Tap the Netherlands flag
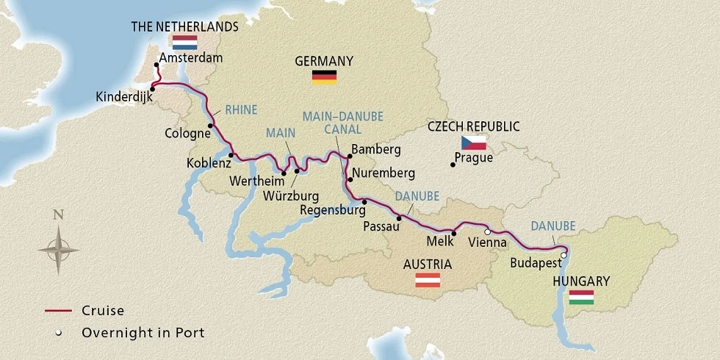tap(184, 43)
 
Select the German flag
tap(323, 76)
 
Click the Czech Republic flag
tap(474, 142)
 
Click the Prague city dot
tap(452, 165)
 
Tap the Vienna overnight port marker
tap(487, 232)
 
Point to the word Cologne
tap(186, 132)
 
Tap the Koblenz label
tap(208, 163)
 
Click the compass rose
tap(59, 245)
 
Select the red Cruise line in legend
tap(61, 311)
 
